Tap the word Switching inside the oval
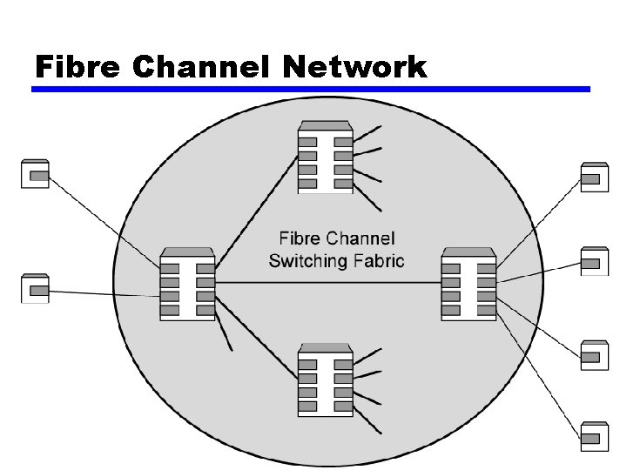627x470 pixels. (312, 260)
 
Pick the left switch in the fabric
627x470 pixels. (187, 284)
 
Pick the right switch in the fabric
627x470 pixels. (469, 284)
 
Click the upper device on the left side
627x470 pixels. (35, 175)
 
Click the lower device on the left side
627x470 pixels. (35, 288)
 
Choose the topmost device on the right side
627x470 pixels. (594, 178)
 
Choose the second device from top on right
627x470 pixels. (594, 261)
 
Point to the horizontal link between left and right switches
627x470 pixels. (327, 283)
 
